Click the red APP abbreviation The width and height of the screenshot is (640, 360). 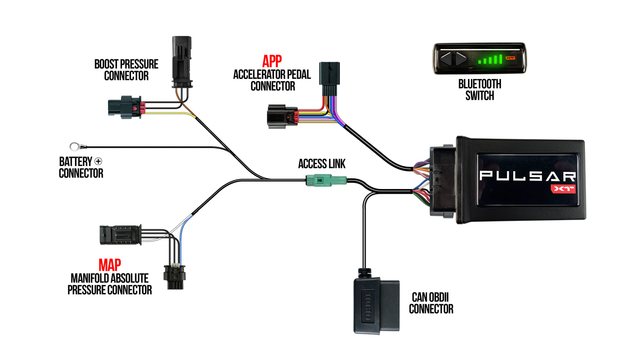coord(272,61)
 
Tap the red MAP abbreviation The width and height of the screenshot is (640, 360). coord(110,265)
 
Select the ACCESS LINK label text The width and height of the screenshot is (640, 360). coord(322,164)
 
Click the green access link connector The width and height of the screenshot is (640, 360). coord(326,180)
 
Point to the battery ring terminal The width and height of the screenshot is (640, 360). coord(75,147)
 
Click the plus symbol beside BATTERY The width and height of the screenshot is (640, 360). coord(98,161)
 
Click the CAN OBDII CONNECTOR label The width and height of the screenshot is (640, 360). coord(431,303)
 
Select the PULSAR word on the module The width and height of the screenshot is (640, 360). coord(527,176)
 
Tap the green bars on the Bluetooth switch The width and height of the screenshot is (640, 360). coord(490,59)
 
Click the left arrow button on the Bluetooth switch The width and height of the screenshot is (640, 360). coord(446,58)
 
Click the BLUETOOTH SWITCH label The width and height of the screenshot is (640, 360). coord(480,90)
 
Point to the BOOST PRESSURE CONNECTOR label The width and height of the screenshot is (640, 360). coord(126,70)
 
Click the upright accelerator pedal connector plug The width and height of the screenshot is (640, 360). coord(329,78)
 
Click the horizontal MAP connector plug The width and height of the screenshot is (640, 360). coord(120,235)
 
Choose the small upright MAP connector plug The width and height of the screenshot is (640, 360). coord(174,277)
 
